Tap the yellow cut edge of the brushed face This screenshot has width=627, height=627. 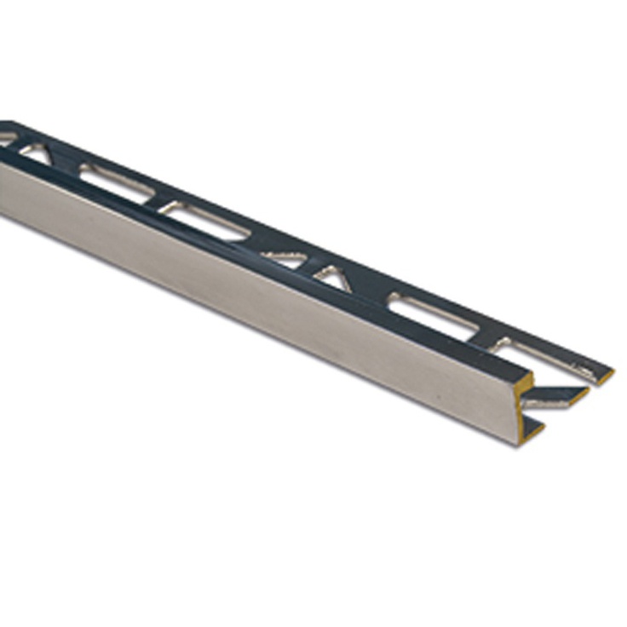[x=525, y=409]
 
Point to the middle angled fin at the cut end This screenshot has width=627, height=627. [x=558, y=396]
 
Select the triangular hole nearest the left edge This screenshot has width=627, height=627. [x=34, y=152]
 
